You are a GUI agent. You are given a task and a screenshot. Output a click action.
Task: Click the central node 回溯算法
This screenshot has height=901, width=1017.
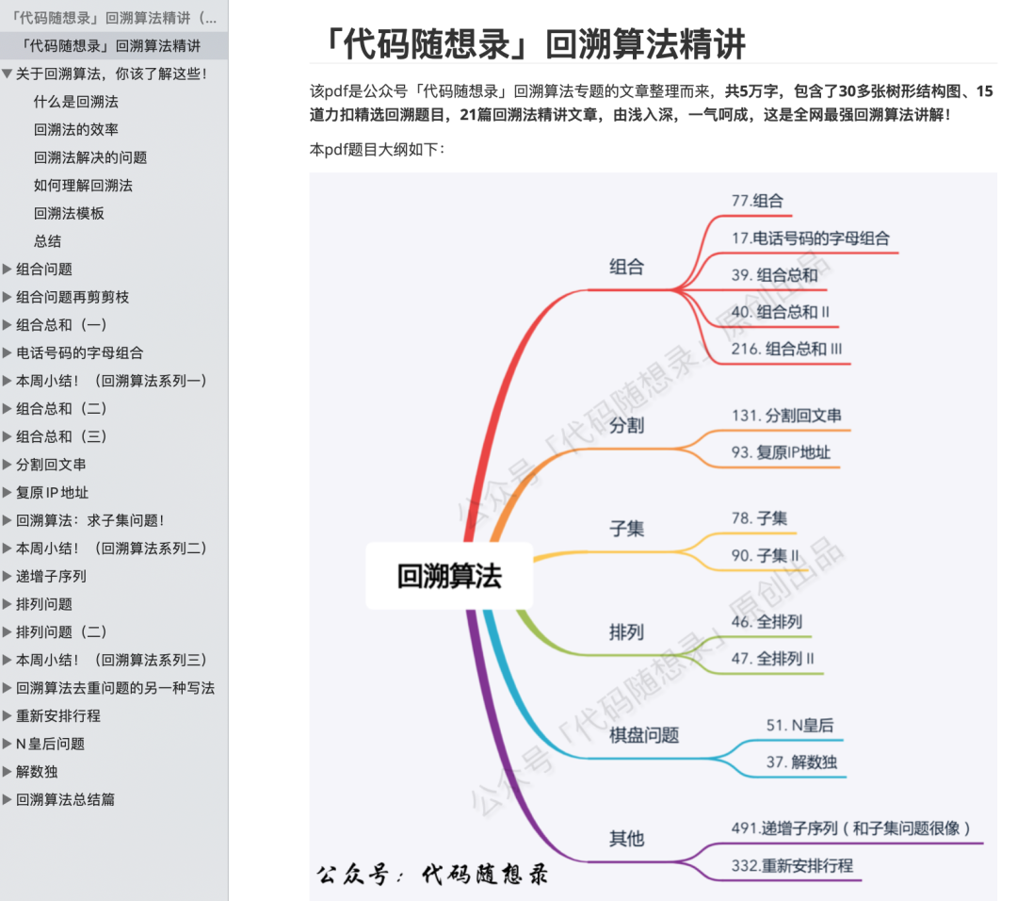(x=449, y=576)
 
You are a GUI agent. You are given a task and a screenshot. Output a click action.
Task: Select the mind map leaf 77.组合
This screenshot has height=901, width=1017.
(x=756, y=201)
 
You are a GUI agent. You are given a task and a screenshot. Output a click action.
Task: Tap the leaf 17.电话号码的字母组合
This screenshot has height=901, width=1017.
(x=810, y=238)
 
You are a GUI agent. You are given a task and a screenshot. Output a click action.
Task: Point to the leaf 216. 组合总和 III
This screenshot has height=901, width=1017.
(x=786, y=349)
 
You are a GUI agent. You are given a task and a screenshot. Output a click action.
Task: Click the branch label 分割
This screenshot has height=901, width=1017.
(x=626, y=425)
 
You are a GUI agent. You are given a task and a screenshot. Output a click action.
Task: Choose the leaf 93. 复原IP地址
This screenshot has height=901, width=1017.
(x=781, y=452)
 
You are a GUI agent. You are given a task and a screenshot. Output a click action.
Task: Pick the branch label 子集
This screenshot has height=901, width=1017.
(x=626, y=529)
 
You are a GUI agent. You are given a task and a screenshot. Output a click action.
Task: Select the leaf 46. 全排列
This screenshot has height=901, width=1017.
(x=767, y=621)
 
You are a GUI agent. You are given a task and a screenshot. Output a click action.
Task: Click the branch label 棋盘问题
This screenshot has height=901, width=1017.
(x=644, y=735)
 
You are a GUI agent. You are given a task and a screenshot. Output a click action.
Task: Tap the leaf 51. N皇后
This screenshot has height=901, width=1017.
(x=799, y=725)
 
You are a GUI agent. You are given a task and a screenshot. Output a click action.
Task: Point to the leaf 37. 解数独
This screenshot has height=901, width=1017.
(x=800, y=762)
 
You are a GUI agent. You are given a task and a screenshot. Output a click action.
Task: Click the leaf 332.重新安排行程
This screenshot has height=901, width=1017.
(x=792, y=865)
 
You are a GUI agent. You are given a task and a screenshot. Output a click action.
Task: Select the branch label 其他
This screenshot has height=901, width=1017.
(x=626, y=838)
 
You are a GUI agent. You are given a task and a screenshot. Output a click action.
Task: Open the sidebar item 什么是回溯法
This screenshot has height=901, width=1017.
(x=76, y=102)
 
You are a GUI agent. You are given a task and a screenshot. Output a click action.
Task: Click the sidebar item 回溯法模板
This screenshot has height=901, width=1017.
(x=69, y=213)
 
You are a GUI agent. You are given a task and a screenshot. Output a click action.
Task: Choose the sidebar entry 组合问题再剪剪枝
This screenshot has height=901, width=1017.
(x=73, y=297)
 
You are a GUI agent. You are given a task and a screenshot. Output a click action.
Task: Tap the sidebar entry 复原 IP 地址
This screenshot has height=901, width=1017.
(x=52, y=492)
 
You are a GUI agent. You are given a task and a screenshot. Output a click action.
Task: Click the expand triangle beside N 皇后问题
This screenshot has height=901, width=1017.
(x=8, y=744)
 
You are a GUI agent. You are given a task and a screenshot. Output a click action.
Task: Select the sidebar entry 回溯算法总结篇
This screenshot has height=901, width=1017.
(x=65, y=799)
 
